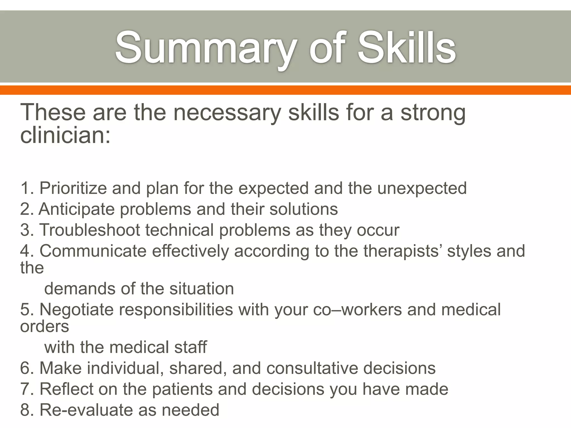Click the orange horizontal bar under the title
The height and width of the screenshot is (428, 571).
[285, 90]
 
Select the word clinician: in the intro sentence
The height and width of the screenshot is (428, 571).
[65, 136]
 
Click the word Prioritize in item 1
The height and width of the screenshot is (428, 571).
[73, 188]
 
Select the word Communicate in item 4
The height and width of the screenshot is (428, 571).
[93, 251]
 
